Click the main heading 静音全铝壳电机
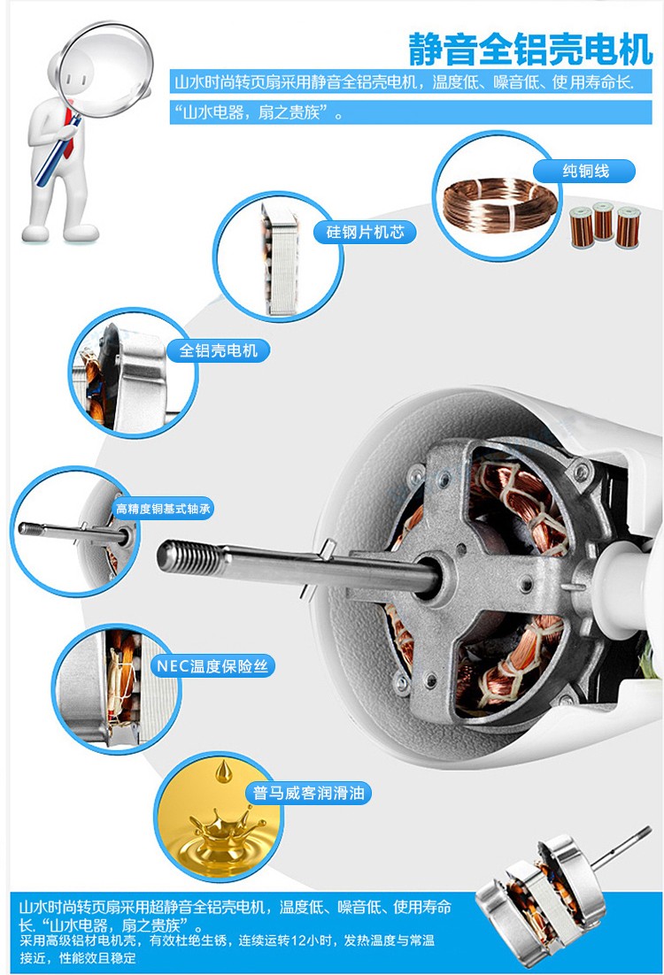click(530, 50)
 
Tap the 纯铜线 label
click(585, 171)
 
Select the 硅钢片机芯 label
click(366, 232)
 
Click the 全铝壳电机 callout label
click(219, 350)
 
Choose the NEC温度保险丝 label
click(212, 666)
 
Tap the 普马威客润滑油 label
click(309, 794)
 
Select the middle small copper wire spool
click(603, 220)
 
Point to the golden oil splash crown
click(223, 827)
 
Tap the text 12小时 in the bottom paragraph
click(315, 940)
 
